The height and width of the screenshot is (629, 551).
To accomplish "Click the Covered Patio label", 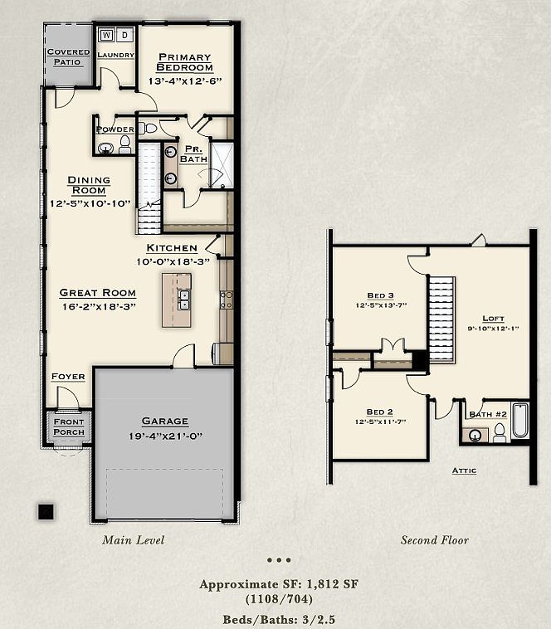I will pyautogui.click(x=68, y=56).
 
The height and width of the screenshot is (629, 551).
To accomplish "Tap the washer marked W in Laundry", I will pyautogui.click(x=108, y=35).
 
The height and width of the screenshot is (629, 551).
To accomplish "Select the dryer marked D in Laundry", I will pyautogui.click(x=125, y=35).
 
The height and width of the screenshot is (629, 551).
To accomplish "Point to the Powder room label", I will pyautogui.click(x=115, y=129).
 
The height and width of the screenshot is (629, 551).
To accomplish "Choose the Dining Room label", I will pyautogui.click(x=89, y=185).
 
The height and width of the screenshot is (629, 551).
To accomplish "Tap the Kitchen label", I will pyautogui.click(x=172, y=248).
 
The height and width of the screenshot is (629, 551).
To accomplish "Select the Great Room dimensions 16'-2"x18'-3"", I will pyautogui.click(x=97, y=305).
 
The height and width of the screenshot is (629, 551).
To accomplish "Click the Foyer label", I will pyautogui.click(x=68, y=377).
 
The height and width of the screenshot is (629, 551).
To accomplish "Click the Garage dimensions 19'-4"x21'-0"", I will pyautogui.click(x=164, y=436).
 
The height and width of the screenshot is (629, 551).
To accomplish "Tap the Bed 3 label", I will pyautogui.click(x=380, y=295).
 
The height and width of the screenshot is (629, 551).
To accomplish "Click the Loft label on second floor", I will pyautogui.click(x=493, y=318).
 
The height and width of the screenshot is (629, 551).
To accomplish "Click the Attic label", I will pyautogui.click(x=464, y=471).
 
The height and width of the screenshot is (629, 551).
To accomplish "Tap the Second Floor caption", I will pyautogui.click(x=435, y=540).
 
